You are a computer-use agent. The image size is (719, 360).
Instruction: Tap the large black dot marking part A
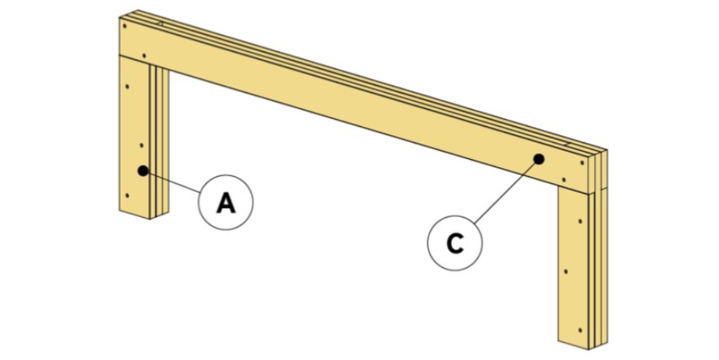click(143, 170)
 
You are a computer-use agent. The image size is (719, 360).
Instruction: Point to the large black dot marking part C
click(539, 159)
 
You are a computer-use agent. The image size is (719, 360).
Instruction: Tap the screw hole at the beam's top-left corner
click(126, 26)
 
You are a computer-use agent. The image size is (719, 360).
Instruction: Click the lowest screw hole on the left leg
click(127, 196)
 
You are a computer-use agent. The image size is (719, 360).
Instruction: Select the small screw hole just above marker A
click(142, 146)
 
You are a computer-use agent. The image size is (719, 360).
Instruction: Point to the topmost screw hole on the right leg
click(580, 221)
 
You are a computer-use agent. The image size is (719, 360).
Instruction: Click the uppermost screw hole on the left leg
click(128, 86)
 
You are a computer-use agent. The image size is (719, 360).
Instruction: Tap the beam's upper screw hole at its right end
click(582, 163)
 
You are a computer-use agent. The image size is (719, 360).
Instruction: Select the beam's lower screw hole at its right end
click(563, 180)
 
